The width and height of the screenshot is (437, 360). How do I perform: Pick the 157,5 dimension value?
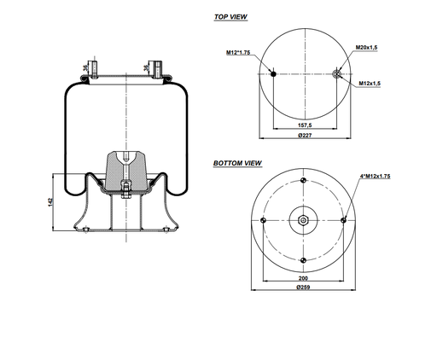(x=304, y=126)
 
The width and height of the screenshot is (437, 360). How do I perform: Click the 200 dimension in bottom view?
(x=303, y=278)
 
